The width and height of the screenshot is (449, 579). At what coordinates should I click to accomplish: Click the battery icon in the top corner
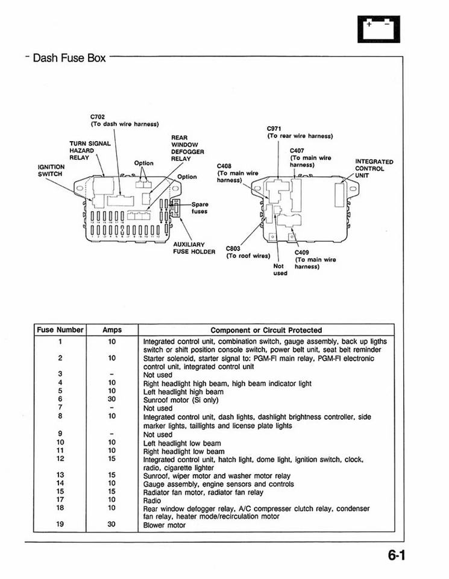click(378, 28)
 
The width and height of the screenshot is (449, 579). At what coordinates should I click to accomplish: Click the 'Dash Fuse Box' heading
click(69, 59)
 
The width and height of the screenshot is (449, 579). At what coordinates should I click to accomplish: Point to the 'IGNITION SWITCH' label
click(51, 170)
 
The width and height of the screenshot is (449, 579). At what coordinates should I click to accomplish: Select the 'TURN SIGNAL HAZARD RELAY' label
click(89, 150)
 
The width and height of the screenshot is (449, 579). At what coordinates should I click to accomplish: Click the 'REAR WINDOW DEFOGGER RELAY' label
click(187, 148)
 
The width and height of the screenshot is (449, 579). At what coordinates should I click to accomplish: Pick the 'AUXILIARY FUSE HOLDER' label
click(193, 247)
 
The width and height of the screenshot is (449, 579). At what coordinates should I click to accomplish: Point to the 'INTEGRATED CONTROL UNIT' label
click(374, 168)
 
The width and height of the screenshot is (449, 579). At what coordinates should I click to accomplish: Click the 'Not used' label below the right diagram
click(280, 269)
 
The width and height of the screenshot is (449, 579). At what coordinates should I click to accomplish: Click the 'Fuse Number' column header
click(60, 330)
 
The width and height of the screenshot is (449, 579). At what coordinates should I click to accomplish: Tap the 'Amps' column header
click(112, 330)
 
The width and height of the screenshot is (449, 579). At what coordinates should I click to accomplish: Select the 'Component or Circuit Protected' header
click(266, 330)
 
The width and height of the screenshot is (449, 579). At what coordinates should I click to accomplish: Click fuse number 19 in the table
click(60, 525)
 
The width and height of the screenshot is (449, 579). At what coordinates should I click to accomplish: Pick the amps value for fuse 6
click(112, 399)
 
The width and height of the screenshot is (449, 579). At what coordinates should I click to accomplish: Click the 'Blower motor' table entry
click(165, 525)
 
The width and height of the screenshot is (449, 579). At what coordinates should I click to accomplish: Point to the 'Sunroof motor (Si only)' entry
click(181, 400)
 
